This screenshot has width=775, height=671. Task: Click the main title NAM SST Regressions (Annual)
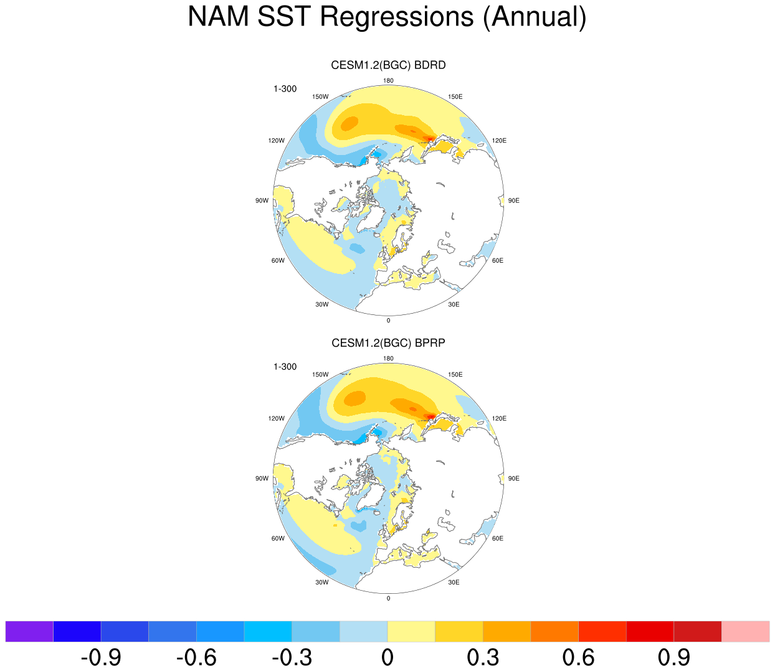[x=387, y=17]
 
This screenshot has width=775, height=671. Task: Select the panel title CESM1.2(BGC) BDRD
[x=388, y=65]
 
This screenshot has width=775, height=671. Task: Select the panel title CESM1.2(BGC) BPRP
[x=388, y=343]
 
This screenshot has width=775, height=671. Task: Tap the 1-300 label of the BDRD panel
[x=285, y=89]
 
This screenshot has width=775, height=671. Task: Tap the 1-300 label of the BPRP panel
[x=285, y=367]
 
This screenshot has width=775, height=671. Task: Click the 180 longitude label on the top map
[x=388, y=81]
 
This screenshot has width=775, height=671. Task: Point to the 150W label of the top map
[x=320, y=97]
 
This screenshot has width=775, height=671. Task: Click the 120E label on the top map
[x=499, y=141]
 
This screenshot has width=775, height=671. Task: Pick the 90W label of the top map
[x=262, y=200]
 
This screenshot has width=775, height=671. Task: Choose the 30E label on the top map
[x=454, y=304]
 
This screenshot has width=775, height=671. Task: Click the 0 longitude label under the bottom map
[x=388, y=598]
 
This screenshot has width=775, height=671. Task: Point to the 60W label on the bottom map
[x=278, y=538]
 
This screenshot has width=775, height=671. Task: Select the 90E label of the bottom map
[x=514, y=479]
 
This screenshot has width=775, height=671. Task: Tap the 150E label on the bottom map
[x=455, y=375]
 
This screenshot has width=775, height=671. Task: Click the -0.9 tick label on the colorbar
[x=101, y=657]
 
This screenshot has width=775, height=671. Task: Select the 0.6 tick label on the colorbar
[x=578, y=657]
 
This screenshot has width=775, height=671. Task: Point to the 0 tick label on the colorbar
[x=388, y=657]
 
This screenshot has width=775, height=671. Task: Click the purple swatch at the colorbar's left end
[x=29, y=631]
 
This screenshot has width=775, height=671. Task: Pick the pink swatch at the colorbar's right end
[x=745, y=631]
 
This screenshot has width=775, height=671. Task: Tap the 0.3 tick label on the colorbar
[x=483, y=657]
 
